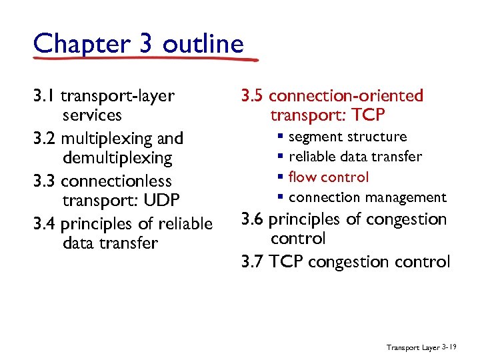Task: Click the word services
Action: coord(92,115)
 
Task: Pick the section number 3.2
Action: coord(45,139)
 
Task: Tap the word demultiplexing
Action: coord(117,158)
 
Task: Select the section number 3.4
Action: coord(45,224)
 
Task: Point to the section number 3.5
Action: coord(253,96)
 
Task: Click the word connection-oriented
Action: coord(346,96)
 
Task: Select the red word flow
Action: coord(302,177)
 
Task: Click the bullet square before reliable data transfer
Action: coord(282,157)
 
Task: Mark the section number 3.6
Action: coord(253,219)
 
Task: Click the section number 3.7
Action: coord(253,261)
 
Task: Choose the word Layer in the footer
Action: coord(429,347)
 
